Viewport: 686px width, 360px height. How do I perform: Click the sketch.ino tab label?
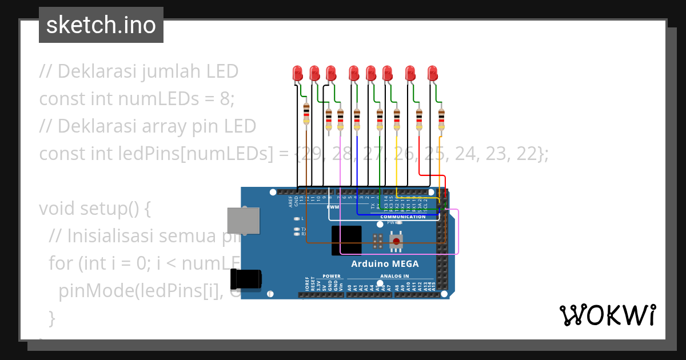pos(101,25)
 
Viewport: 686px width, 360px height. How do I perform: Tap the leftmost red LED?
pos(297,73)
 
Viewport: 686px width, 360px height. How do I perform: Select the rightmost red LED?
pos(432,73)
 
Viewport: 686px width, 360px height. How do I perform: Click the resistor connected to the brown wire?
pos(306,114)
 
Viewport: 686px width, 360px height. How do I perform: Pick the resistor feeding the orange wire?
pos(441,119)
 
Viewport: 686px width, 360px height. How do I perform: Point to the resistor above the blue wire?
pos(357,119)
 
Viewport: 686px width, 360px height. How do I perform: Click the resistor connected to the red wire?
pos(419,119)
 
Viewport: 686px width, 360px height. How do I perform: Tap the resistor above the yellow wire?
pos(397,119)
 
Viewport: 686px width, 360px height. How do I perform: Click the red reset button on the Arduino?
pos(396,242)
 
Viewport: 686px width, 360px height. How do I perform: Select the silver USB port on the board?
pos(243,221)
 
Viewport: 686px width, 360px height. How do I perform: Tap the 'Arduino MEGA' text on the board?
pos(384,263)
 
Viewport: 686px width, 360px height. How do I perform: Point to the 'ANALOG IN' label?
pos(394,276)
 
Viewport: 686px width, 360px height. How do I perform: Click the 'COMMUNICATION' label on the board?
pos(402,217)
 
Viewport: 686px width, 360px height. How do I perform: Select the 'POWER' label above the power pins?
pos(331,276)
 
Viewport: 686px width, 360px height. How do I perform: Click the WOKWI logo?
pos(607,315)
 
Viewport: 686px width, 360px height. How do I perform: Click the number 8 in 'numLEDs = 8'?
pos(226,98)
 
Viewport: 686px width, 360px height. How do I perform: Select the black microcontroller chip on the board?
pos(346,240)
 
